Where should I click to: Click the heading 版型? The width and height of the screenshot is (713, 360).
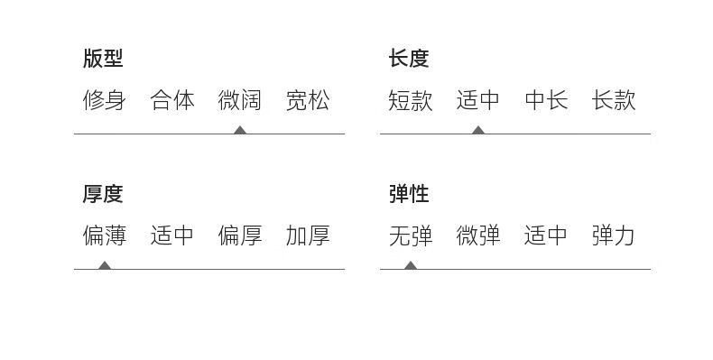[103, 59]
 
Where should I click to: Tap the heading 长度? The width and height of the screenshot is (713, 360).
[409, 59]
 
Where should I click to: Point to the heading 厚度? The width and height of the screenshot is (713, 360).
[103, 194]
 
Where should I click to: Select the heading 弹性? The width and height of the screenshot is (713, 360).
[409, 194]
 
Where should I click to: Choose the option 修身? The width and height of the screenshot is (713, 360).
[104, 100]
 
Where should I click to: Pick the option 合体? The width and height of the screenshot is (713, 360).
[172, 100]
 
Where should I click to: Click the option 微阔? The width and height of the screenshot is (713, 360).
[240, 100]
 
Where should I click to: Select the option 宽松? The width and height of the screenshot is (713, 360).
[308, 100]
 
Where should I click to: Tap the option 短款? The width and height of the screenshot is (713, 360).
[410, 100]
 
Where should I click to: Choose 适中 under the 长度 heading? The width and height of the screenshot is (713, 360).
[478, 100]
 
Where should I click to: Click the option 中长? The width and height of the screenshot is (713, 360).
[546, 100]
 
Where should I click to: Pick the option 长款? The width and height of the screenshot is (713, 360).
[614, 100]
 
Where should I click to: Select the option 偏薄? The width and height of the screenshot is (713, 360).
[104, 235]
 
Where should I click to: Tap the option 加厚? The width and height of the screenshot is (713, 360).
[308, 235]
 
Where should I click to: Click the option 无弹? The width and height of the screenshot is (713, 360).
[410, 235]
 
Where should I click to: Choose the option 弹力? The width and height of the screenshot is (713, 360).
[614, 235]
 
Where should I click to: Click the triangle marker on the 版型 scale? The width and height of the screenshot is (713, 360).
[240, 131]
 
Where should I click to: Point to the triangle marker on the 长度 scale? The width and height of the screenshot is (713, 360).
[478, 131]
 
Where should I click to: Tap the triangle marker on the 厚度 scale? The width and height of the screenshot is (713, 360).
[105, 265]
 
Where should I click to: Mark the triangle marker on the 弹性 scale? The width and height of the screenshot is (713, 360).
[411, 265]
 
